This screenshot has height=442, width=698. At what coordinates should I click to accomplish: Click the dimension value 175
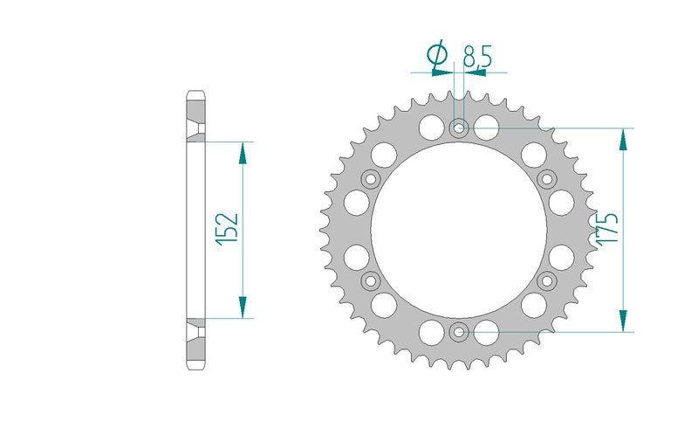607,228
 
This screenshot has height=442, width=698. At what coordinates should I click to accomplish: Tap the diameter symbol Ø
437,54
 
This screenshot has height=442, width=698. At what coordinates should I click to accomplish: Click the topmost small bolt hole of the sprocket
459,128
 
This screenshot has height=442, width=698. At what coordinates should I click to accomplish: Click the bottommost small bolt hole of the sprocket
459,332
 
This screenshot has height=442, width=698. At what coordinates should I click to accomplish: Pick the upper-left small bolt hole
370,180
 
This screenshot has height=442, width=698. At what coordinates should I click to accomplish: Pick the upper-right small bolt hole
547,180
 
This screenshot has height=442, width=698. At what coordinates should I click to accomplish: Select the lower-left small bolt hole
370,280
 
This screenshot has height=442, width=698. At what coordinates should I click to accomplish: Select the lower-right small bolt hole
547,280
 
